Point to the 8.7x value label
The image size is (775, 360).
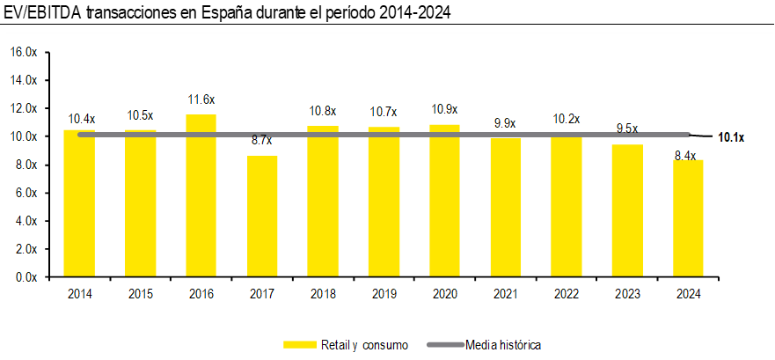(x=262, y=141)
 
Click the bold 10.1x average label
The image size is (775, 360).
(x=732, y=137)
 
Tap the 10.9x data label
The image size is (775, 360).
(x=444, y=109)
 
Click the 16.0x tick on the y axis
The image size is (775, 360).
(x=25, y=52)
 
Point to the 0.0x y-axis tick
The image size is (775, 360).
(x=25, y=276)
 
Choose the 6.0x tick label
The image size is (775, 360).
(x=25, y=193)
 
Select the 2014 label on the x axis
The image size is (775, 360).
(x=80, y=293)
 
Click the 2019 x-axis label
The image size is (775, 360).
(x=384, y=293)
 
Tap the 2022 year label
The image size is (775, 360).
(x=567, y=293)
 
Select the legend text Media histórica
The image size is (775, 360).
(x=503, y=343)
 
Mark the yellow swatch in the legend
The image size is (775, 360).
(x=300, y=343)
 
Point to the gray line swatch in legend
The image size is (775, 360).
(x=444, y=343)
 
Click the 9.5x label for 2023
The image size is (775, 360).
(x=627, y=129)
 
